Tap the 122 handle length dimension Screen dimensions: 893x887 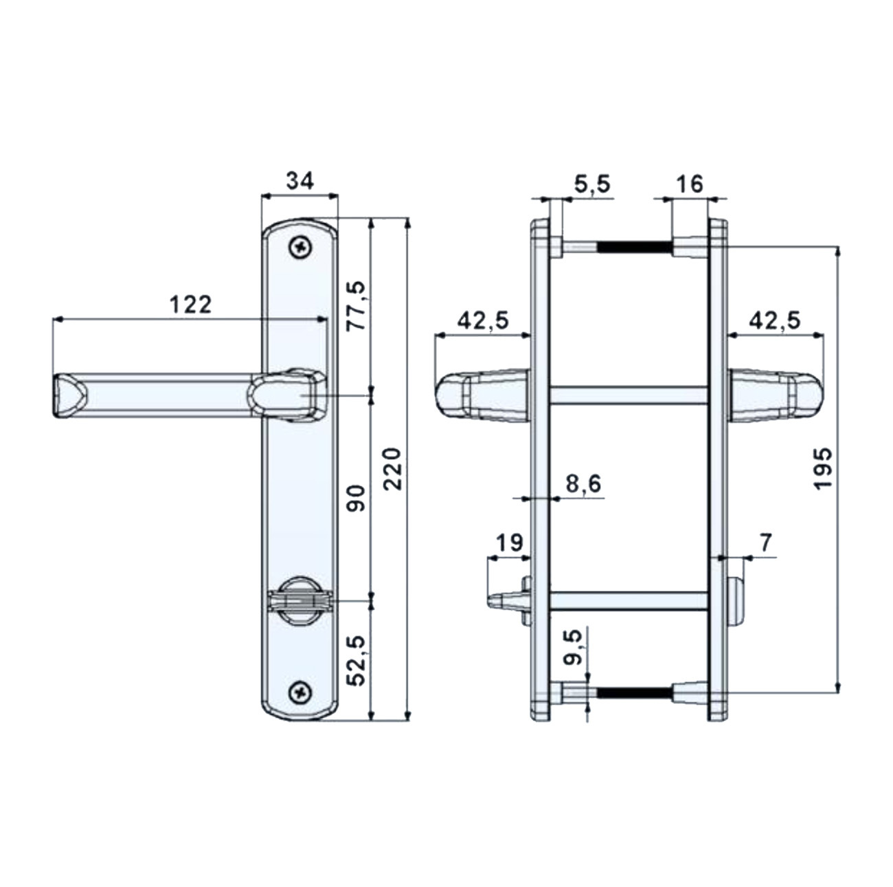pos(190,305)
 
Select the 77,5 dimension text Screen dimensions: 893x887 pos(357,305)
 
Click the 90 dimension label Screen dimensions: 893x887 pos(357,499)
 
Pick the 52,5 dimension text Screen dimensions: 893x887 pos(357,661)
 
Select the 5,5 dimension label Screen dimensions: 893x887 pos(592,185)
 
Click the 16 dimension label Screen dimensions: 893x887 pos(690,184)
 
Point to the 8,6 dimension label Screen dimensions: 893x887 pos(583,484)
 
